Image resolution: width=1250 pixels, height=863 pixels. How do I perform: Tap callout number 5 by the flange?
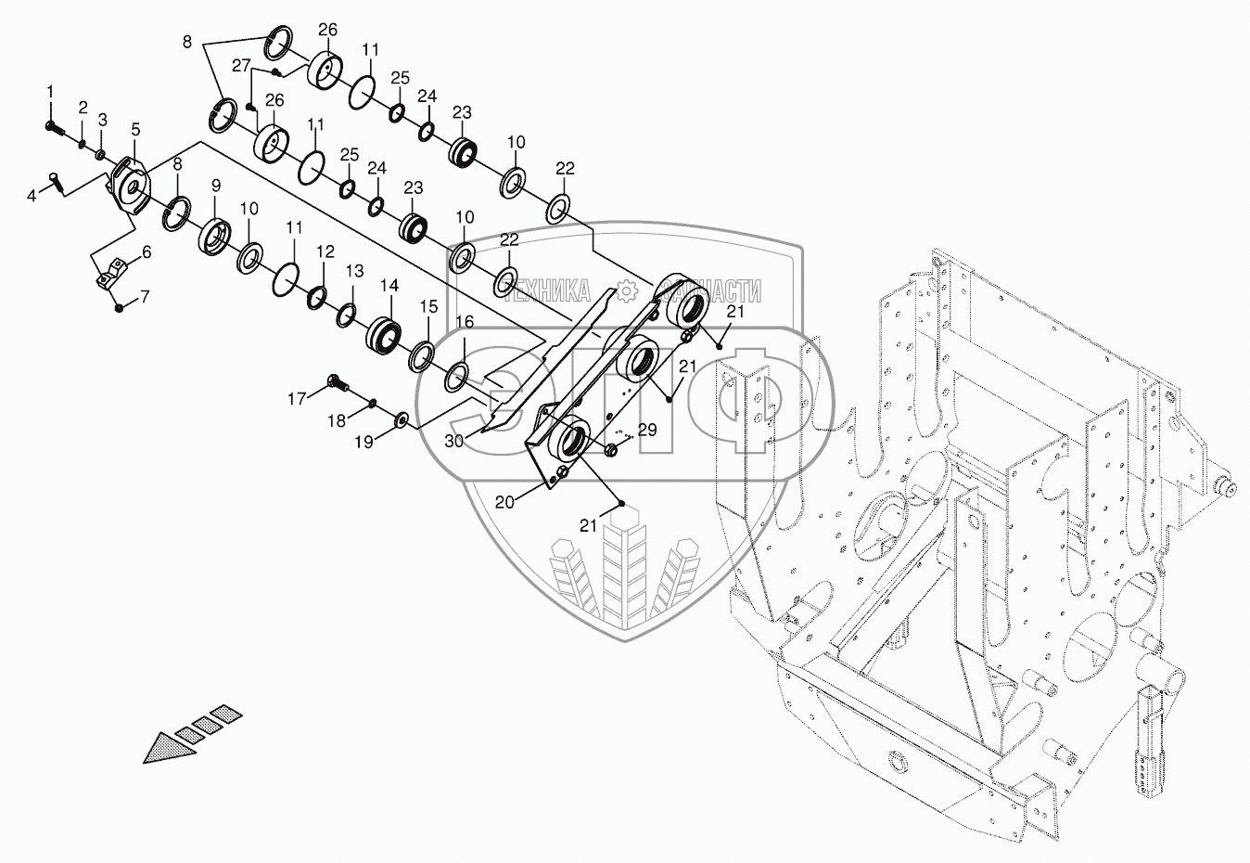pyautogui.click(x=135, y=129)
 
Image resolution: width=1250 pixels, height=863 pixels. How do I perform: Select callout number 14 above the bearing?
pyautogui.click(x=389, y=287)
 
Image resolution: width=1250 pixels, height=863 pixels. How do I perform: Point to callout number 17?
pyautogui.click(x=296, y=399)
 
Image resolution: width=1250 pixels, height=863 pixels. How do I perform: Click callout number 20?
pyautogui.click(x=504, y=502)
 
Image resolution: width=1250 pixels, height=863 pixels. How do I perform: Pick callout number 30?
pyautogui.click(x=453, y=442)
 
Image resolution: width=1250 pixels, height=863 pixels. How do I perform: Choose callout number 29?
pyautogui.click(x=647, y=429)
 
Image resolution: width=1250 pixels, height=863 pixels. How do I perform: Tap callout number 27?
pyautogui.click(x=241, y=66)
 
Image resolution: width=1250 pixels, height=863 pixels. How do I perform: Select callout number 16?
pyautogui.click(x=465, y=321)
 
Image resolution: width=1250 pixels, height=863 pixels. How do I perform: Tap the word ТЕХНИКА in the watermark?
pyautogui.click(x=547, y=291)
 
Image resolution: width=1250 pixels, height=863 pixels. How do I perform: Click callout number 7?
pyautogui.click(x=143, y=297)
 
